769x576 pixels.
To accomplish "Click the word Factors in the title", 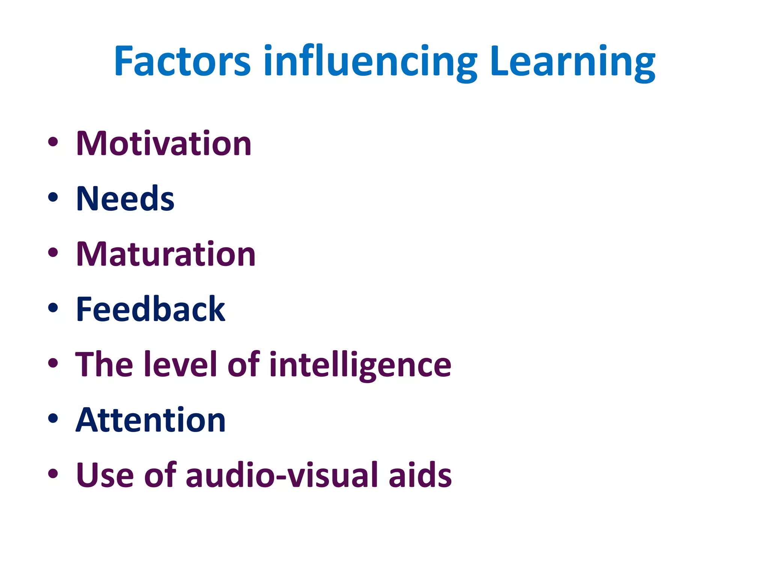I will (182, 61).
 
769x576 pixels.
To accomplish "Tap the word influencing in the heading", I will (370, 62).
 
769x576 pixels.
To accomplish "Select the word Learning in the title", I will (572, 62).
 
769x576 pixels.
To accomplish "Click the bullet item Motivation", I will (164, 143).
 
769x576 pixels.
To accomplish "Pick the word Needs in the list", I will (125, 198).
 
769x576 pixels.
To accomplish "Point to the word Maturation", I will (166, 254).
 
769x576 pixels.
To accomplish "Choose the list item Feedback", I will (150, 309).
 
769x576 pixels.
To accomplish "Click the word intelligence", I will (360, 365).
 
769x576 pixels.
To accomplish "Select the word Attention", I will (150, 420).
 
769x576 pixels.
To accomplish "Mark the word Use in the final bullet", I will (105, 475).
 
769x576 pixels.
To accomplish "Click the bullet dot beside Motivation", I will (53, 142).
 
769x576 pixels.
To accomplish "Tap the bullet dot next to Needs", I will (53, 197).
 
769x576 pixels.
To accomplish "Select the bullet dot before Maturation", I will (53, 252).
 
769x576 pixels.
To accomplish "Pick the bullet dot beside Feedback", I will (53, 307).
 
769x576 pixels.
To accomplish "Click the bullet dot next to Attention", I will (53, 418).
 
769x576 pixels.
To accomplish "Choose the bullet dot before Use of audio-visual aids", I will (53, 473).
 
